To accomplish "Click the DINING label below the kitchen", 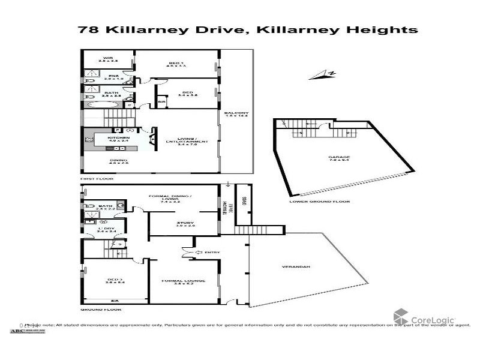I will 114,161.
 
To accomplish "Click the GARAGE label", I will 334,157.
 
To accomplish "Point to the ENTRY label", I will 211,253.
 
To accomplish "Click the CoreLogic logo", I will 424,317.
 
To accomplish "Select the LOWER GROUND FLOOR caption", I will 319,202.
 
